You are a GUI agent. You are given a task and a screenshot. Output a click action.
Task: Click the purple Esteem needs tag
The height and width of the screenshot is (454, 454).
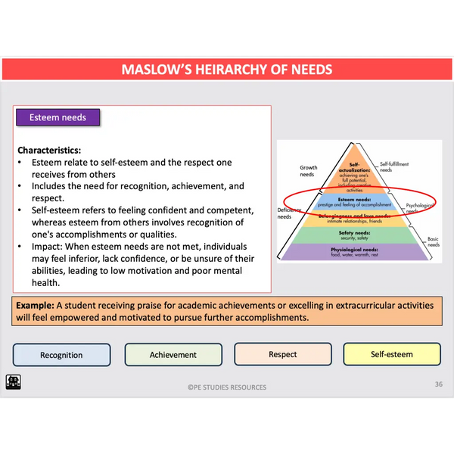click(58, 118)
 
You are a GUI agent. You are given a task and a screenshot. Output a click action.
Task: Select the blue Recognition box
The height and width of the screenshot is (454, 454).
click(62, 355)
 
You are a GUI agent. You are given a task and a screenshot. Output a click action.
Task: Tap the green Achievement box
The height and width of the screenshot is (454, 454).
click(173, 355)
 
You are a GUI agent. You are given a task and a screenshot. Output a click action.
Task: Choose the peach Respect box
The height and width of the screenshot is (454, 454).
click(283, 354)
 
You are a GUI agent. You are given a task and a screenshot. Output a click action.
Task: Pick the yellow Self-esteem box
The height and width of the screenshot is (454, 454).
click(392, 354)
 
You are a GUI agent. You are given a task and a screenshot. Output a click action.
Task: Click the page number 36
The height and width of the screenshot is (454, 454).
click(438, 384)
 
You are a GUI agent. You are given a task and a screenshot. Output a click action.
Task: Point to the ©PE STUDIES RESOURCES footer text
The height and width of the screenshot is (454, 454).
click(227, 387)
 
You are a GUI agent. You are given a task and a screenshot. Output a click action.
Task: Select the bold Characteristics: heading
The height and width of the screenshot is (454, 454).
click(49, 150)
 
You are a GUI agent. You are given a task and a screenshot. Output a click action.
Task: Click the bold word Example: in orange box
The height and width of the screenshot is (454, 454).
click(34, 306)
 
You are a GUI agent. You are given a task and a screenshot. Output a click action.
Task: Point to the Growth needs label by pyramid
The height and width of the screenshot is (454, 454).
click(308, 171)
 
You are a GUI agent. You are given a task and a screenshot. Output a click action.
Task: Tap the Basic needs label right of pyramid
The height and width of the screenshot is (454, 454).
click(434, 241)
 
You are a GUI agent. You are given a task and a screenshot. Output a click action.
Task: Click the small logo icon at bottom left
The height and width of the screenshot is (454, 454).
click(14, 381)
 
